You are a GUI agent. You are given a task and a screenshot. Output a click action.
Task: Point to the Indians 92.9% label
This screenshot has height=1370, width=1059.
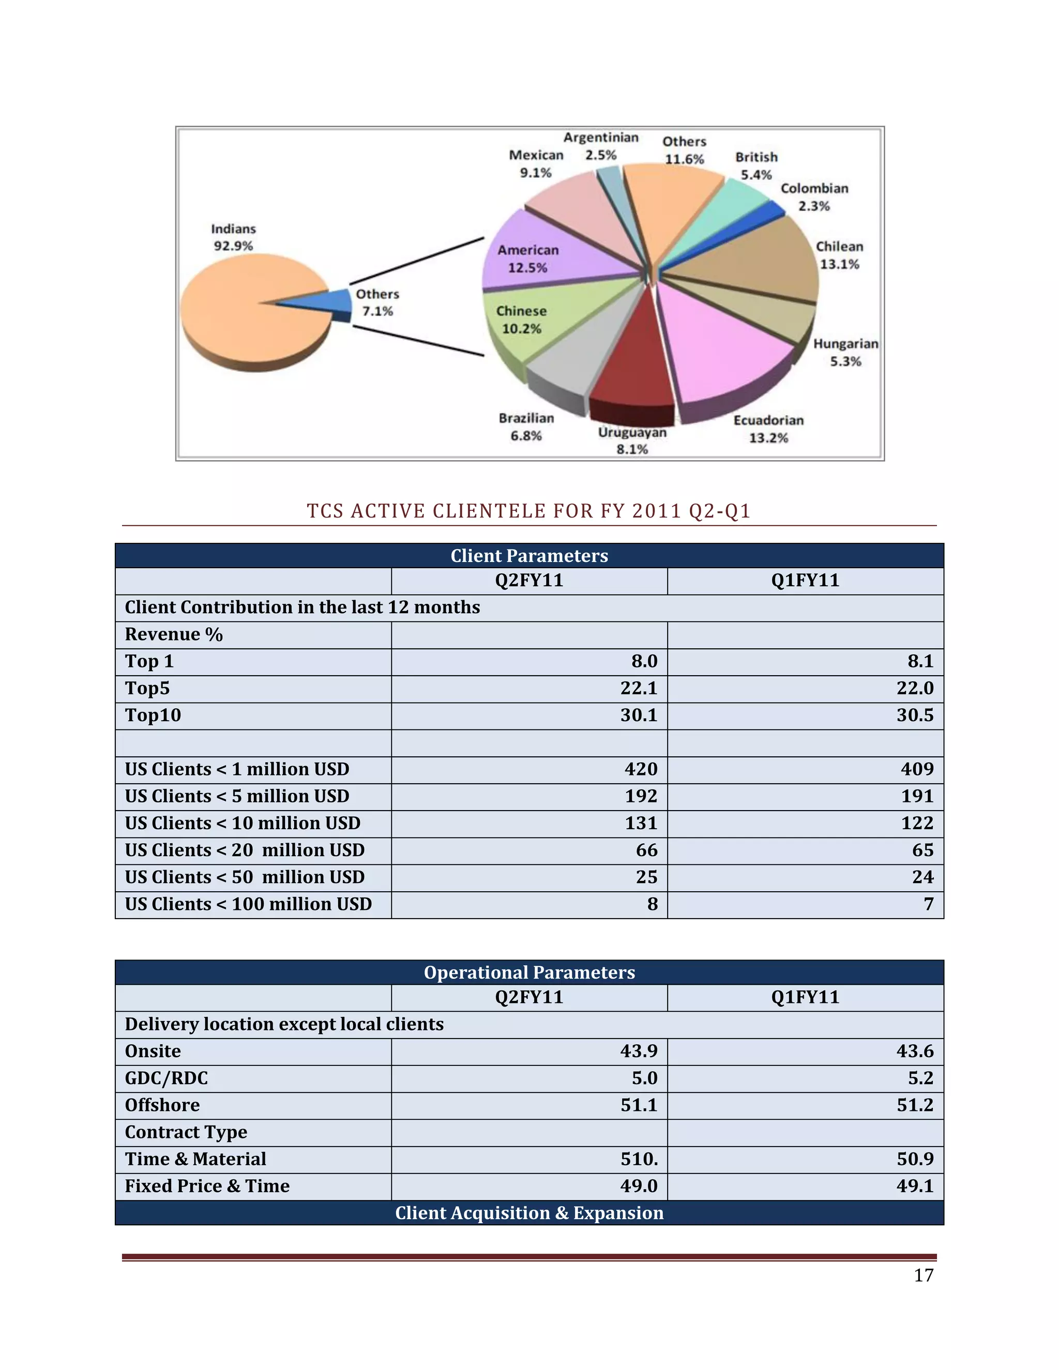tap(233, 237)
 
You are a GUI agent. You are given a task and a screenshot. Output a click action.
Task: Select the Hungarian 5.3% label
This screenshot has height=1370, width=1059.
tap(845, 352)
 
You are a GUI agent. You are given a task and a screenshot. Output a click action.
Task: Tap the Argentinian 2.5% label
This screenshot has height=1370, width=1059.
tap(600, 146)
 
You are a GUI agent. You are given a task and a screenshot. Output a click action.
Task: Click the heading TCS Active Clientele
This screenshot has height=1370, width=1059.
tap(529, 511)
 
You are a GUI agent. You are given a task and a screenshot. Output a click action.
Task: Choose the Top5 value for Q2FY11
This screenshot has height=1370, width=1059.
tap(639, 688)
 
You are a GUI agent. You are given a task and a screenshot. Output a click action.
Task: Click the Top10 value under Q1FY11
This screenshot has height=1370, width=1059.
tap(915, 715)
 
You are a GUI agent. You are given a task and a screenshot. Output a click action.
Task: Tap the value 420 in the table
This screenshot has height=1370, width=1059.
tap(641, 769)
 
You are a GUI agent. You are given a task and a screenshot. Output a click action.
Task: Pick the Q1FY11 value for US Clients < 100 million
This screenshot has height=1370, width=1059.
tap(929, 904)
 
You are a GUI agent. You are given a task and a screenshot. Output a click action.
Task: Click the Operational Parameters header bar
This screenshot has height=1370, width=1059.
tap(529, 972)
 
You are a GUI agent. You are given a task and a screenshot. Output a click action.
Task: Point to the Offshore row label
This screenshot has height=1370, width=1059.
tap(162, 1105)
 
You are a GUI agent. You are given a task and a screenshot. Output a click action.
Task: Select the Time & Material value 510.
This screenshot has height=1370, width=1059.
tap(639, 1159)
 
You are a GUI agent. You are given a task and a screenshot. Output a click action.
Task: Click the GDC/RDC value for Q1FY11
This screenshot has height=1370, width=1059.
tap(920, 1078)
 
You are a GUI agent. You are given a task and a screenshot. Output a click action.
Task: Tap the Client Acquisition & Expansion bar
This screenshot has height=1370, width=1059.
tap(529, 1212)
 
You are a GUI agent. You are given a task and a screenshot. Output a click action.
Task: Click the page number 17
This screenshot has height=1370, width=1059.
tap(924, 1275)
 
